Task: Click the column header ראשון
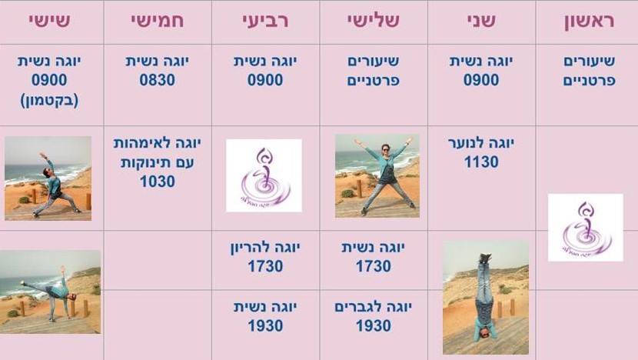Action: pyautogui.click(x=587, y=21)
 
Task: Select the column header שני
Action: pyautogui.click(x=481, y=21)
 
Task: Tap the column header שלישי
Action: pyautogui.click(x=373, y=21)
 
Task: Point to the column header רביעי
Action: pyautogui.click(x=265, y=21)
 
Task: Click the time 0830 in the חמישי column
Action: pyautogui.click(x=158, y=80)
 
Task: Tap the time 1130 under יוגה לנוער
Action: pyautogui.click(x=481, y=162)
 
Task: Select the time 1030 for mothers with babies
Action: pyautogui.click(x=158, y=182)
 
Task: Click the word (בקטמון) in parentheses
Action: pyautogui.click(x=49, y=98)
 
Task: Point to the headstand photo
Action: pyautogui.click(x=485, y=296)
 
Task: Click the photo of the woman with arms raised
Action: pyautogui.click(x=377, y=175)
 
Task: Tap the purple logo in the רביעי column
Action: pyautogui.click(x=264, y=175)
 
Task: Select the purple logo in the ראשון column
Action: pyautogui.click(x=585, y=227)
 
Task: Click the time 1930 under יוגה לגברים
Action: pyautogui.click(x=374, y=326)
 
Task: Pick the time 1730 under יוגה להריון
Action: pyautogui.click(x=265, y=266)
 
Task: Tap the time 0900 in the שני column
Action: pyautogui.click(x=481, y=80)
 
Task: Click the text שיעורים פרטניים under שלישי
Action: pyautogui.click(x=374, y=71)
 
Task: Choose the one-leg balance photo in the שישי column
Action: pyautogui.click(x=50, y=292)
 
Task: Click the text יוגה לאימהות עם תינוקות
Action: pyautogui.click(x=158, y=152)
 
